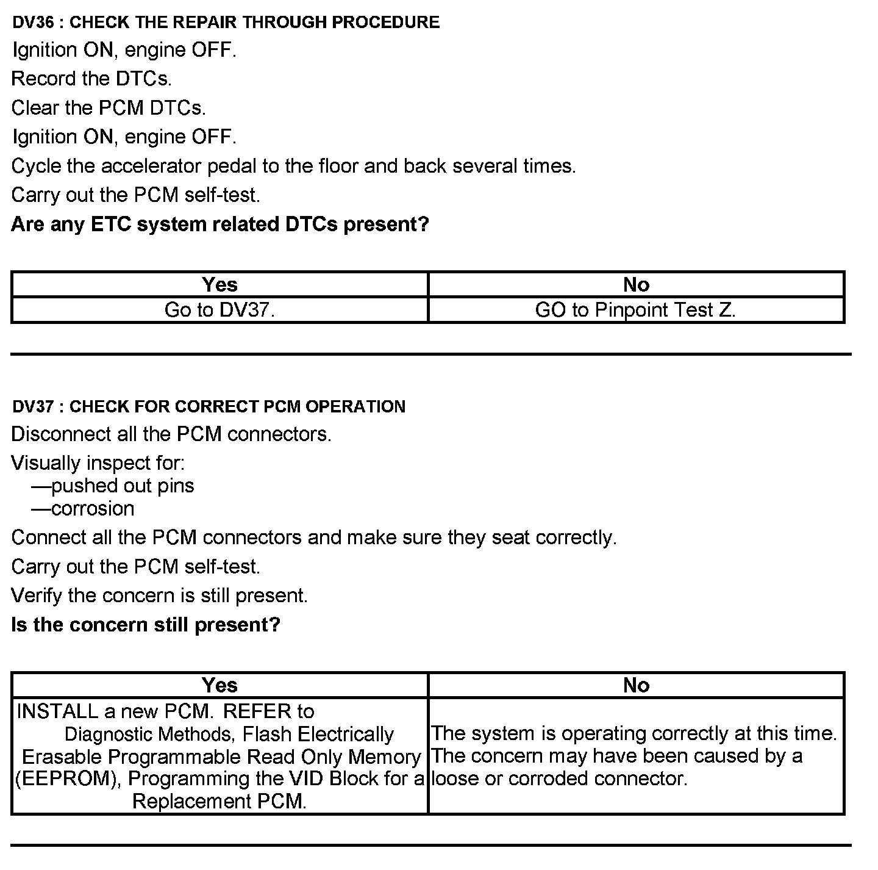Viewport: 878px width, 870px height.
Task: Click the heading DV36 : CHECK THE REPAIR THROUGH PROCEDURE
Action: pos(226,23)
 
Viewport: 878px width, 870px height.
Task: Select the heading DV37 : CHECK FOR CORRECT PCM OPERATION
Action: pos(209,406)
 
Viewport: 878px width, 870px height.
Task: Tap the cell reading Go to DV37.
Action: pos(220,310)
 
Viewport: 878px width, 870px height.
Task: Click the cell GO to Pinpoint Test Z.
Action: pos(635,310)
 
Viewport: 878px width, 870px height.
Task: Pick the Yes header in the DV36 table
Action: pos(220,284)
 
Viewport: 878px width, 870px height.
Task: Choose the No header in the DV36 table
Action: pos(636,284)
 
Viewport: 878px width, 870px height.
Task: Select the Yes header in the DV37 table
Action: pos(220,685)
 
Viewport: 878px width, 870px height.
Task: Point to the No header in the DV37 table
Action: pos(636,685)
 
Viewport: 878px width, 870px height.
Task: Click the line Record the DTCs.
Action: pos(91,79)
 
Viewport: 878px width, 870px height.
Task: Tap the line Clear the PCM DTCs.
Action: pos(109,108)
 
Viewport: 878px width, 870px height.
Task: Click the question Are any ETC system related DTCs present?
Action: pos(220,225)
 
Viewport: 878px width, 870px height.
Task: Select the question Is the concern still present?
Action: pos(146,625)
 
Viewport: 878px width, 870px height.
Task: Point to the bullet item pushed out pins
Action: pos(122,486)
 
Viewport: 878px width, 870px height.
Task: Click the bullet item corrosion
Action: pos(93,508)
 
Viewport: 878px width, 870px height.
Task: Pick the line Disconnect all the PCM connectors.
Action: pos(171,434)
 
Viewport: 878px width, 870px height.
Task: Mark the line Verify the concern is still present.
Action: pos(160,595)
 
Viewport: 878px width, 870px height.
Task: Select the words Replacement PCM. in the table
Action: pos(220,801)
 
